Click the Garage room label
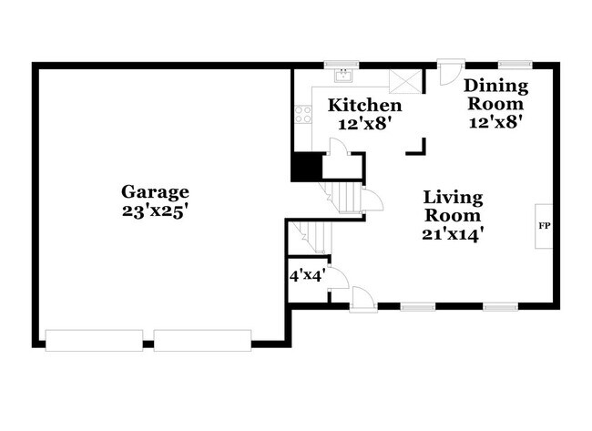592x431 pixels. click(156, 191)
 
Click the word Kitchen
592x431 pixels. click(364, 106)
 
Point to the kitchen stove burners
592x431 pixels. click(301, 116)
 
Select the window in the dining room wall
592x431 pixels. click(514, 66)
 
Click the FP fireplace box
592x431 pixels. click(544, 225)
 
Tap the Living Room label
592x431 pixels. click(453, 206)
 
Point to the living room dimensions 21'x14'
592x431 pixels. click(453, 233)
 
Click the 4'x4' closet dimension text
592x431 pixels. click(306, 274)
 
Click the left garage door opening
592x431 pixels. click(94, 340)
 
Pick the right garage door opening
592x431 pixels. click(202, 340)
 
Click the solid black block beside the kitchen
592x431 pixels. click(306, 167)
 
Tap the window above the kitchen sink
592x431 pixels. click(343, 66)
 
